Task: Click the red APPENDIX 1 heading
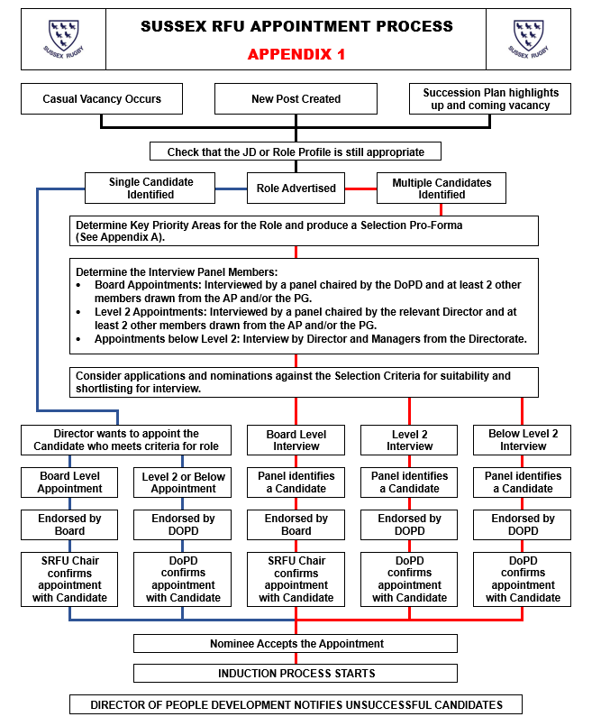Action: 296,54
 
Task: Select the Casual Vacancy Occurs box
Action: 102,99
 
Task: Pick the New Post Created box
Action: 296,99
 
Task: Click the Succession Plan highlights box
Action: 490,99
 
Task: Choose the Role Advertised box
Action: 296,188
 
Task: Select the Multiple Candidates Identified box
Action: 442,188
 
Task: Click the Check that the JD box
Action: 296,152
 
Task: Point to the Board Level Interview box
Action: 296,440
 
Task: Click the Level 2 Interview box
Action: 410,440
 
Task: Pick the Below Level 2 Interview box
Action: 523,440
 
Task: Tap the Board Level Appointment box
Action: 71,482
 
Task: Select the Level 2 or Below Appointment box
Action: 183,482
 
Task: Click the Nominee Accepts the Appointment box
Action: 296,644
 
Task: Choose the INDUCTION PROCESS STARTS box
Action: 296,673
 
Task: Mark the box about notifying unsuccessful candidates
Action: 296,704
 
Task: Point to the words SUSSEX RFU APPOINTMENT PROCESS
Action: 296,27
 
